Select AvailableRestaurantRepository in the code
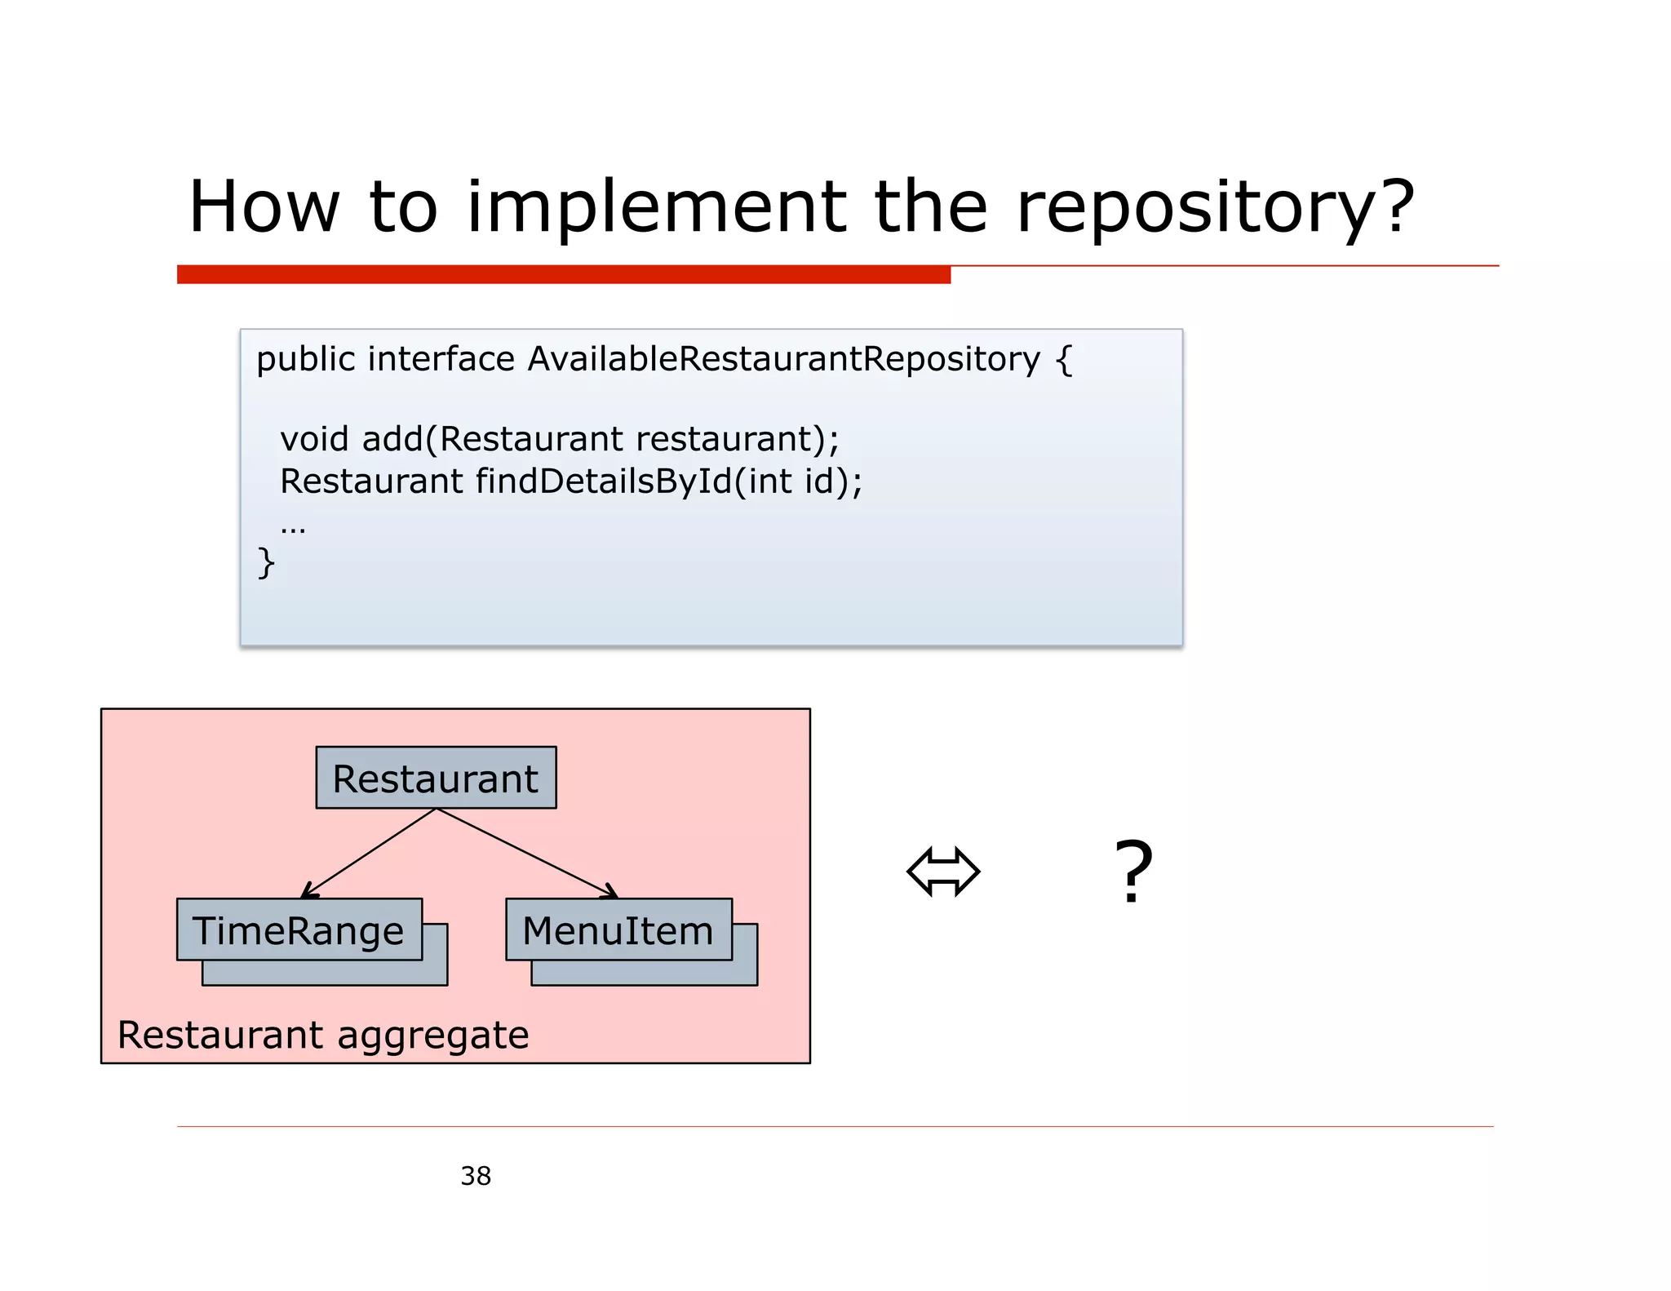coord(783,359)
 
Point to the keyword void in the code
coord(314,439)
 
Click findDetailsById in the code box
coord(604,481)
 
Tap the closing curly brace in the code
coord(266,562)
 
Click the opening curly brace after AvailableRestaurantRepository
coord(1064,360)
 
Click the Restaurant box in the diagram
coord(436,779)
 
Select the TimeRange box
coord(299,930)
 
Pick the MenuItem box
coord(618,930)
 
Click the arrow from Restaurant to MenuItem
coord(526,853)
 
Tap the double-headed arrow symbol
coord(943,872)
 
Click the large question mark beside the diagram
coord(1133,872)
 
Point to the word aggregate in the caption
coord(432,1036)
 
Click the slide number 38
coord(476,1176)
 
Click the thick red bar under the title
coord(563,275)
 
